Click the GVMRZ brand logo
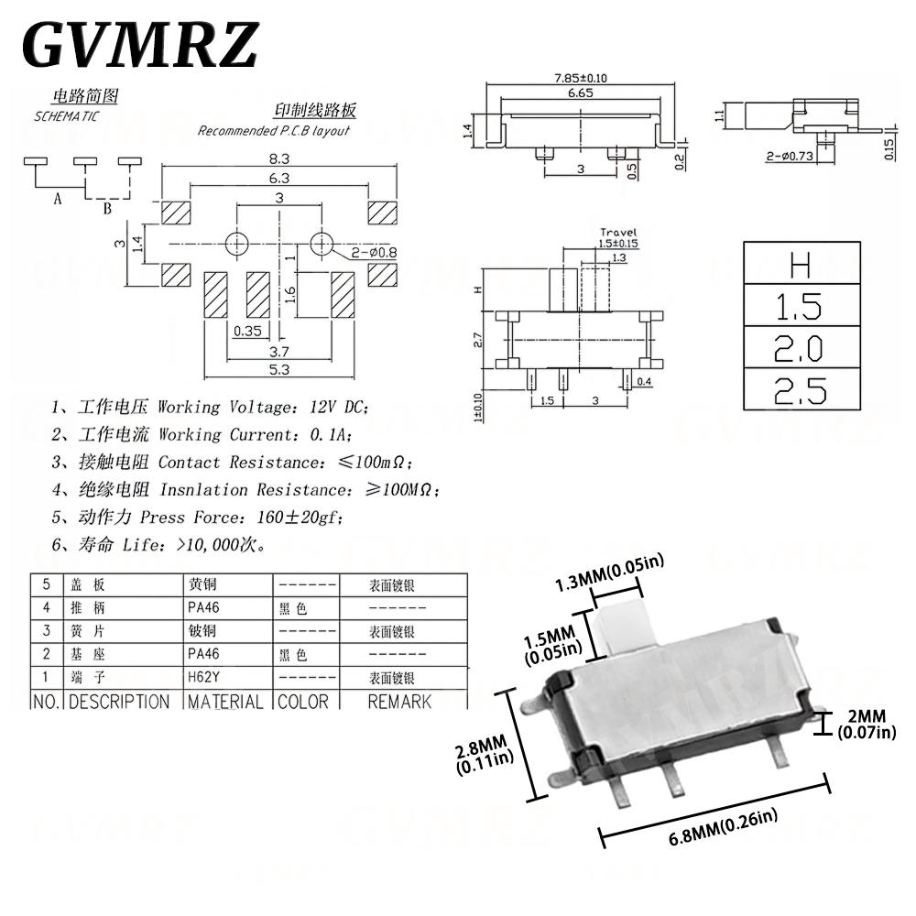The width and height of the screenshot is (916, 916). click(139, 45)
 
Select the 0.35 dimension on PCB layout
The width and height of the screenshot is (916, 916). click(248, 331)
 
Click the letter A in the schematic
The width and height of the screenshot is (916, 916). click(57, 200)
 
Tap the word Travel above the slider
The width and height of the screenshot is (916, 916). click(617, 233)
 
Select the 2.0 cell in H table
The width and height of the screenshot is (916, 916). click(801, 348)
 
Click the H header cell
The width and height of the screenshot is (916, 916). click(801, 266)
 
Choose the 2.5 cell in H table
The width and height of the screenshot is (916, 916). click(801, 390)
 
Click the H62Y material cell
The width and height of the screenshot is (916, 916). click(204, 679)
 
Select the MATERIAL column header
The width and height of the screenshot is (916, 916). click(225, 702)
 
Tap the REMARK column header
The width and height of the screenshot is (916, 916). click(399, 702)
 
